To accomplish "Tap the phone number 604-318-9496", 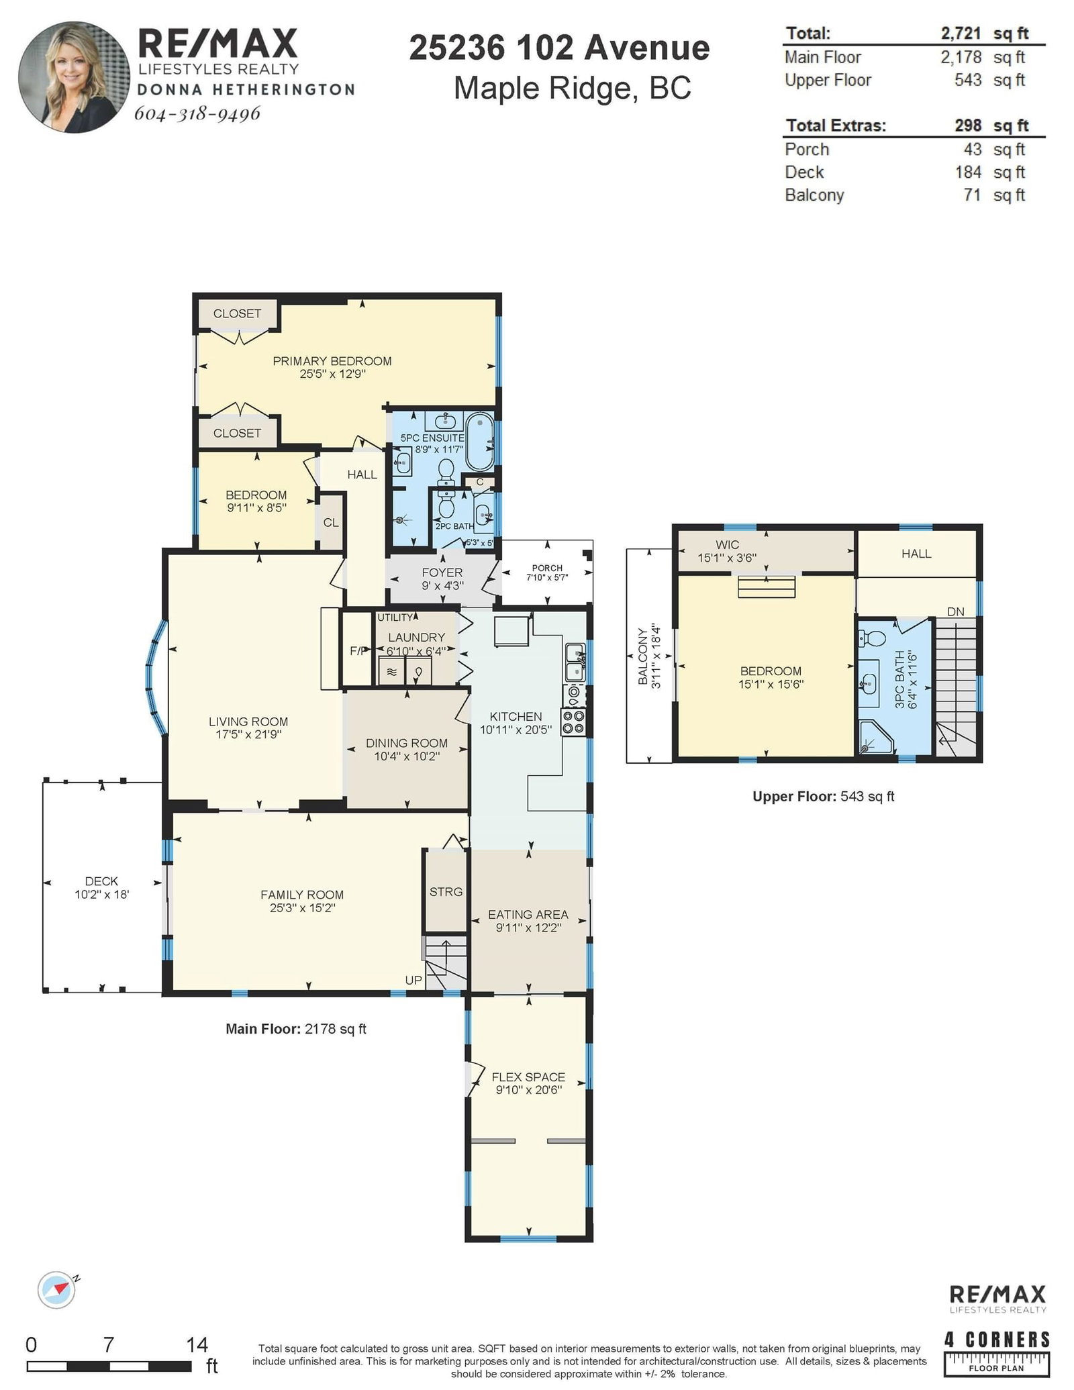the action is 197,113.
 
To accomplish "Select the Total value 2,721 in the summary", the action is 961,33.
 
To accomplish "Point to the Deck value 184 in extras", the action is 968,172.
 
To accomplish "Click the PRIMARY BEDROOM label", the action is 332,361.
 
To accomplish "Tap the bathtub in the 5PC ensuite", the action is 479,442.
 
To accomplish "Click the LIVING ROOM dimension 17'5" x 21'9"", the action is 248,734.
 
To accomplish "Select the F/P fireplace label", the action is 358,650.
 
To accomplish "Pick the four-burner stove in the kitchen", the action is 573,723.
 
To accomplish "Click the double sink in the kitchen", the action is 575,662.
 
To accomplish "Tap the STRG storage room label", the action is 446,892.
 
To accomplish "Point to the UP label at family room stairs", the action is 413,980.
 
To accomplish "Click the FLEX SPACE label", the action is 528,1077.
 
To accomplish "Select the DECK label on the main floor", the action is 101,881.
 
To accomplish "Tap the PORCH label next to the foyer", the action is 547,568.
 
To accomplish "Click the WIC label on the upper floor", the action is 728,545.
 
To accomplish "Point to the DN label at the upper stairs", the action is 956,611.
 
